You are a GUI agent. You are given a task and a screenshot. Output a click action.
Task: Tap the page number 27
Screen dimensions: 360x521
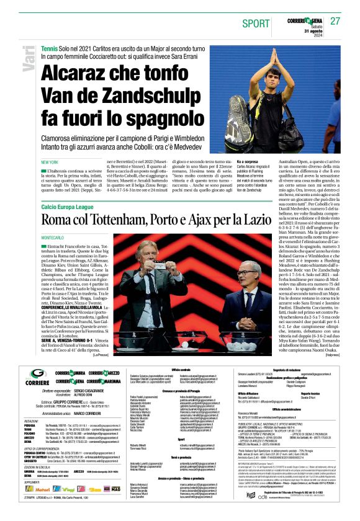point(335,21)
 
